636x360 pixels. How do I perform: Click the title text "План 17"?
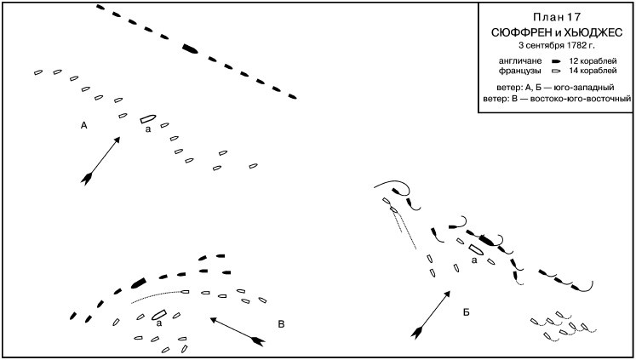click(x=558, y=18)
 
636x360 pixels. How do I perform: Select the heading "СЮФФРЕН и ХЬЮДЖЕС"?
click(x=557, y=31)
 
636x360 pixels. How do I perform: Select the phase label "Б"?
click(x=466, y=313)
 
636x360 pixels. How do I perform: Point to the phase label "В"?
click(x=282, y=323)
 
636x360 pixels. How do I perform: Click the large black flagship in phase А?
click(x=190, y=49)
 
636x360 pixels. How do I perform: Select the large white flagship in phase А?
click(x=147, y=120)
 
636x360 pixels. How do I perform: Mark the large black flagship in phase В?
click(x=138, y=282)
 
